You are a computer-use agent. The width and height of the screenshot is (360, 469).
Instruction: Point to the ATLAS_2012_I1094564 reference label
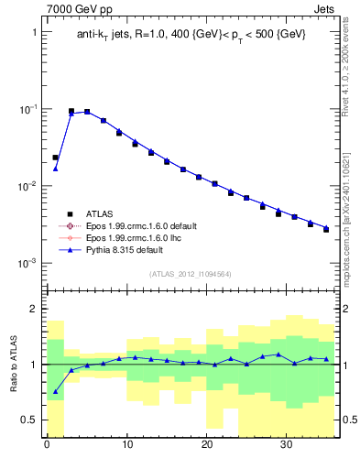pyautogui.click(x=190, y=273)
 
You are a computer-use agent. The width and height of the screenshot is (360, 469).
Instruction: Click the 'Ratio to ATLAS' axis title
pyautogui.click(x=13, y=364)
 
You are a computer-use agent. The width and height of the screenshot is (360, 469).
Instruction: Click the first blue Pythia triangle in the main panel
pyautogui.click(x=55, y=168)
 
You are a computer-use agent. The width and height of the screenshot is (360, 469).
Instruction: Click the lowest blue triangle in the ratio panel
pyautogui.click(x=55, y=391)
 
